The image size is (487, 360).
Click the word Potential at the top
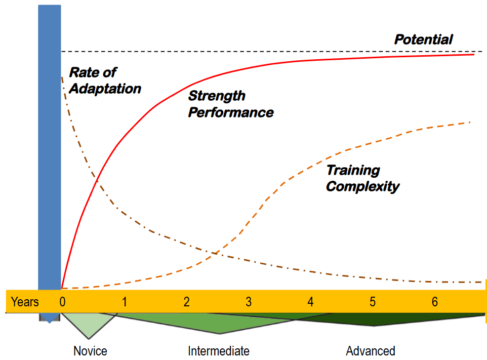point(423,39)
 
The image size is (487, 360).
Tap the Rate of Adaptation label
point(105,81)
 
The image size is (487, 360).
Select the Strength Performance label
point(230,104)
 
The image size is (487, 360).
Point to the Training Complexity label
point(362,178)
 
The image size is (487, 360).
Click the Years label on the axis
point(25,302)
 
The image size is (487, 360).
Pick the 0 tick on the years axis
point(62,302)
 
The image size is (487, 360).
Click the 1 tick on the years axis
point(125,302)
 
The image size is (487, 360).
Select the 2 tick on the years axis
point(187,302)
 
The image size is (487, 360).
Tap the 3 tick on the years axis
point(249,302)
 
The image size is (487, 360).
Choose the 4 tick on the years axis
point(310,302)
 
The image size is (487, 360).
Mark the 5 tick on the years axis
point(373,302)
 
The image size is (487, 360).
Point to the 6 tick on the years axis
point(435,302)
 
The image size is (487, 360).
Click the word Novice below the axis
point(90,351)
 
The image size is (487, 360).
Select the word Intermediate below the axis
point(219,351)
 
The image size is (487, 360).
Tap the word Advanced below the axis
point(371,351)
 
